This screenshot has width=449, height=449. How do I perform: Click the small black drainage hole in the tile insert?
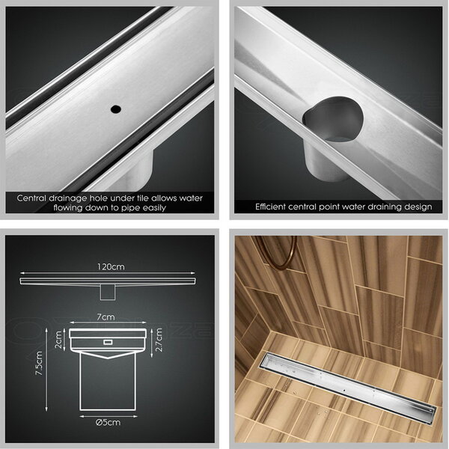pos(116,109)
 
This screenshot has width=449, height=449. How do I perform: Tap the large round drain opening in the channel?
pos(333,120)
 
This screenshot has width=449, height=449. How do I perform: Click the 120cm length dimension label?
pos(111,267)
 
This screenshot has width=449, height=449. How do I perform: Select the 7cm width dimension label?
pos(106,317)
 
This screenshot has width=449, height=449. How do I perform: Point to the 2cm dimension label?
pos(58,340)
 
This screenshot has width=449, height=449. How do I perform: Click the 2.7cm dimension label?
pos(159,340)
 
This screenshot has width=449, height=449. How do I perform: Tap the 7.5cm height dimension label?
pos(39,364)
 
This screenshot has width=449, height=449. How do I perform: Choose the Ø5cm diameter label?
pos(108,422)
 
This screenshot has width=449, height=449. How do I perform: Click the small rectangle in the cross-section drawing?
pos(108,342)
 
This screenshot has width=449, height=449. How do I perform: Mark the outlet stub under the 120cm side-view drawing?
pos(107,293)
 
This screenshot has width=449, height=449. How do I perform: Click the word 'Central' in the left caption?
pos(31,198)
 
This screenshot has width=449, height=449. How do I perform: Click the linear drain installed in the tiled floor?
pos(348,388)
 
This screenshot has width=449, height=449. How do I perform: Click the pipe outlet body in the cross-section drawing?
pos(107,382)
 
